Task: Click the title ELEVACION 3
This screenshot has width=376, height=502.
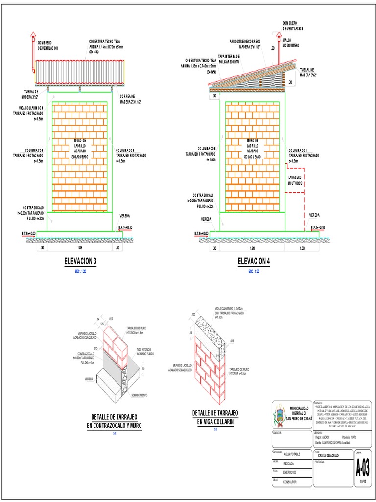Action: pos(80,261)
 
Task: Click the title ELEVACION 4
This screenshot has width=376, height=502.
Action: pos(254,261)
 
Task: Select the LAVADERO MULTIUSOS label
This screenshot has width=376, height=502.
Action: pos(296,179)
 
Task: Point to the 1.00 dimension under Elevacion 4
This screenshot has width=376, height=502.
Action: pos(302,249)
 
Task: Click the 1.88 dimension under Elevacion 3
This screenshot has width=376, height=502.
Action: pos(80,249)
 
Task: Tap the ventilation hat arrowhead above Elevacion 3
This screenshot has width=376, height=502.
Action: pos(33,34)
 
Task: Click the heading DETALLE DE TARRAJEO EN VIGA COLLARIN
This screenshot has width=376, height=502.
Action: pos(215,417)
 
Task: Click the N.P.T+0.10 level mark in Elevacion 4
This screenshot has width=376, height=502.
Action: pos(315,227)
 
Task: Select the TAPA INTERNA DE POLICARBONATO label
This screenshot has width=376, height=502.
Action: pos(229,59)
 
